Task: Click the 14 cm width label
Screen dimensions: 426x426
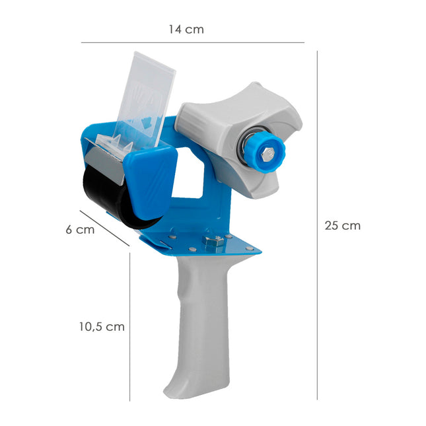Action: (186, 29)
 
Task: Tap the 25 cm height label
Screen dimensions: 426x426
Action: (342, 225)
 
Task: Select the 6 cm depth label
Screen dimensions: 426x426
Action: (80, 230)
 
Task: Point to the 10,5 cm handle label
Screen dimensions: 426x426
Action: (101, 326)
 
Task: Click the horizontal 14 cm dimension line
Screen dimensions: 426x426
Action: (192, 43)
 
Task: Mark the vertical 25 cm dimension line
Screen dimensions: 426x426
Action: (317, 225)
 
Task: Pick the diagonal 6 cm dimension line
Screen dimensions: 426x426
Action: (104, 229)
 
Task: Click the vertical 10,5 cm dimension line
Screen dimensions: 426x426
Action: (130, 327)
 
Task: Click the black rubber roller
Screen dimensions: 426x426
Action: (106, 195)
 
